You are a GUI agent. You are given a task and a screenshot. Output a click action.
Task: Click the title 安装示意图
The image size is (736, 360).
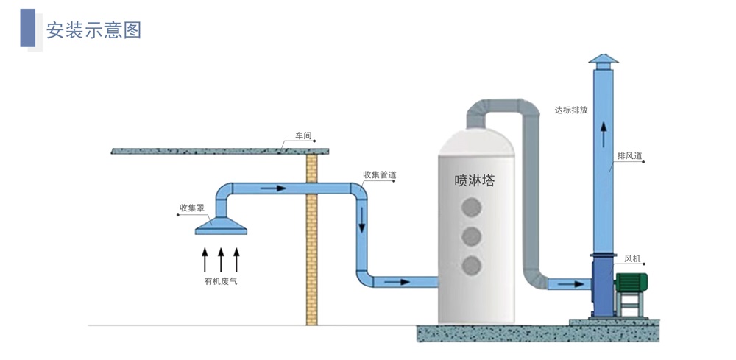93,30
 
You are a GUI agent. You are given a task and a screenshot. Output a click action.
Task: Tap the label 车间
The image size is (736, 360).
303,136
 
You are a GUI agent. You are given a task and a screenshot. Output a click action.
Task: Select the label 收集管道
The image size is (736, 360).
379,175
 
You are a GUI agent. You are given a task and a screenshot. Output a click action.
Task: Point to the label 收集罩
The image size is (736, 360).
191,208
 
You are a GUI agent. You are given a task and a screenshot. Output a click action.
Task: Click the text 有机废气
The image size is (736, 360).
220,281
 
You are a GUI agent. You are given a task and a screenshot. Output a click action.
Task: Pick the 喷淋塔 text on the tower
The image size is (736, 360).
475,181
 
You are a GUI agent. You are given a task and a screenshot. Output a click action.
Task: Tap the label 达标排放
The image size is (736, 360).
571,110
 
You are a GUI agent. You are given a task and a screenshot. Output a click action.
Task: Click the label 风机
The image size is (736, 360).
632,258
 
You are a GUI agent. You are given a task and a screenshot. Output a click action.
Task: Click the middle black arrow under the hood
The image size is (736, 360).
221,260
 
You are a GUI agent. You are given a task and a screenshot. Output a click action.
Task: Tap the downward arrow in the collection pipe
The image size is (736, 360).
361,219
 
